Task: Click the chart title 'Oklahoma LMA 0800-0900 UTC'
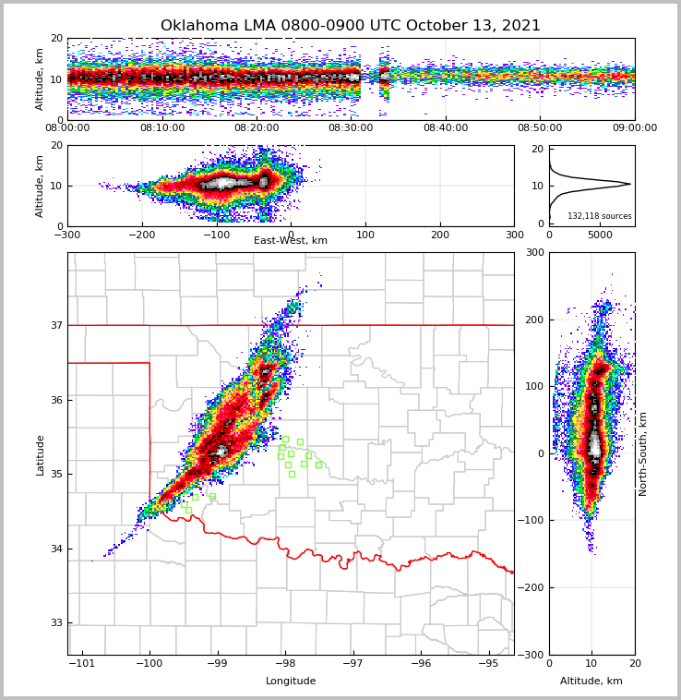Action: [351, 26]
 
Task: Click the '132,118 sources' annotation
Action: [599, 216]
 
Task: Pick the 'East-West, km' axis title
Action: [291, 241]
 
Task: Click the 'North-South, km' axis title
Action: [643, 453]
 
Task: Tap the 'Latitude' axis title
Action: [40, 454]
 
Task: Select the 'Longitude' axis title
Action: [291, 682]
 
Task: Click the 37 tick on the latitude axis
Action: [55, 325]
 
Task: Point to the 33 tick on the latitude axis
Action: [55, 622]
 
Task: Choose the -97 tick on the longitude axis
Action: [352, 663]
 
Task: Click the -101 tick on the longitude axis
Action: [82, 663]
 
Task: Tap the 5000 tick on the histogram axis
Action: [601, 235]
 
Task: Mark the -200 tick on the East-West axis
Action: [141, 235]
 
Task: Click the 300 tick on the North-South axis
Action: [532, 252]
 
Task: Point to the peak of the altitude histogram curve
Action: [630, 184]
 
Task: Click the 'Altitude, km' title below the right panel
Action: [591, 682]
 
